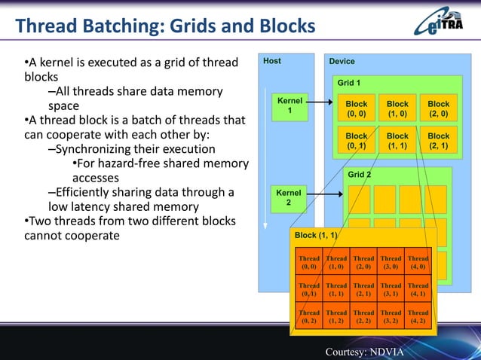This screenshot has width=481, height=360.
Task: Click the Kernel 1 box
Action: click(x=290, y=106)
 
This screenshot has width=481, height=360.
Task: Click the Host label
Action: click(x=272, y=61)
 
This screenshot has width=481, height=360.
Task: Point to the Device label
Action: click(x=342, y=61)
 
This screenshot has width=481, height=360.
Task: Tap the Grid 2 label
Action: click(x=359, y=175)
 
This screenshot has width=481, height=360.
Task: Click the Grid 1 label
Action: click(x=348, y=82)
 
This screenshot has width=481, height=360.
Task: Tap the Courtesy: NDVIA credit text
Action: click(x=364, y=352)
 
